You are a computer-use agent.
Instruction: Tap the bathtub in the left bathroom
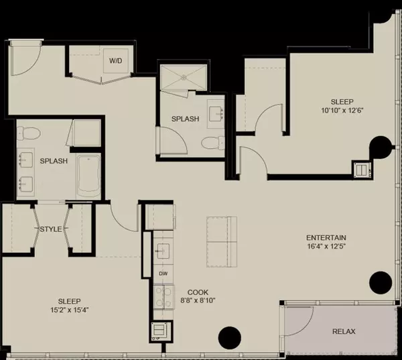pos(88,176)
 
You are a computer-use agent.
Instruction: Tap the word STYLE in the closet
pos(50,230)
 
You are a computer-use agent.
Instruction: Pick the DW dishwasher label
pos(163,274)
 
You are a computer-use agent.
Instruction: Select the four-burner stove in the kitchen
pos(163,296)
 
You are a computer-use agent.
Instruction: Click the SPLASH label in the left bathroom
pos(53,162)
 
